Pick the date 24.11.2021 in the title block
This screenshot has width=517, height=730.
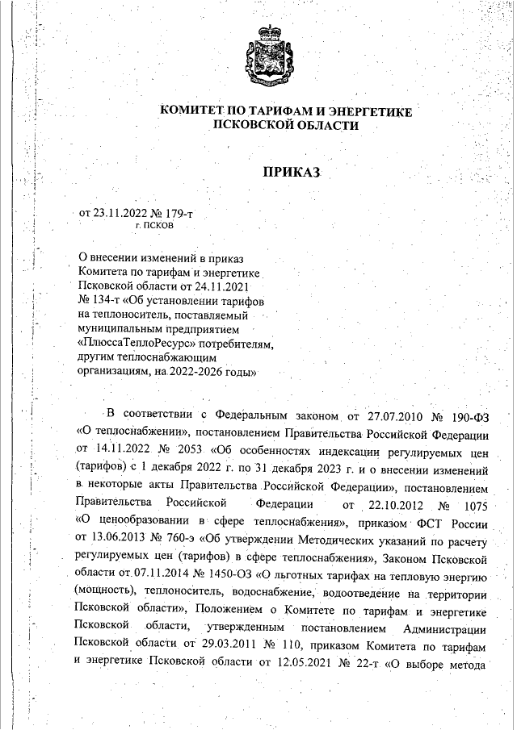(x=225, y=286)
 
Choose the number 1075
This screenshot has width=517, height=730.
(x=477, y=507)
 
